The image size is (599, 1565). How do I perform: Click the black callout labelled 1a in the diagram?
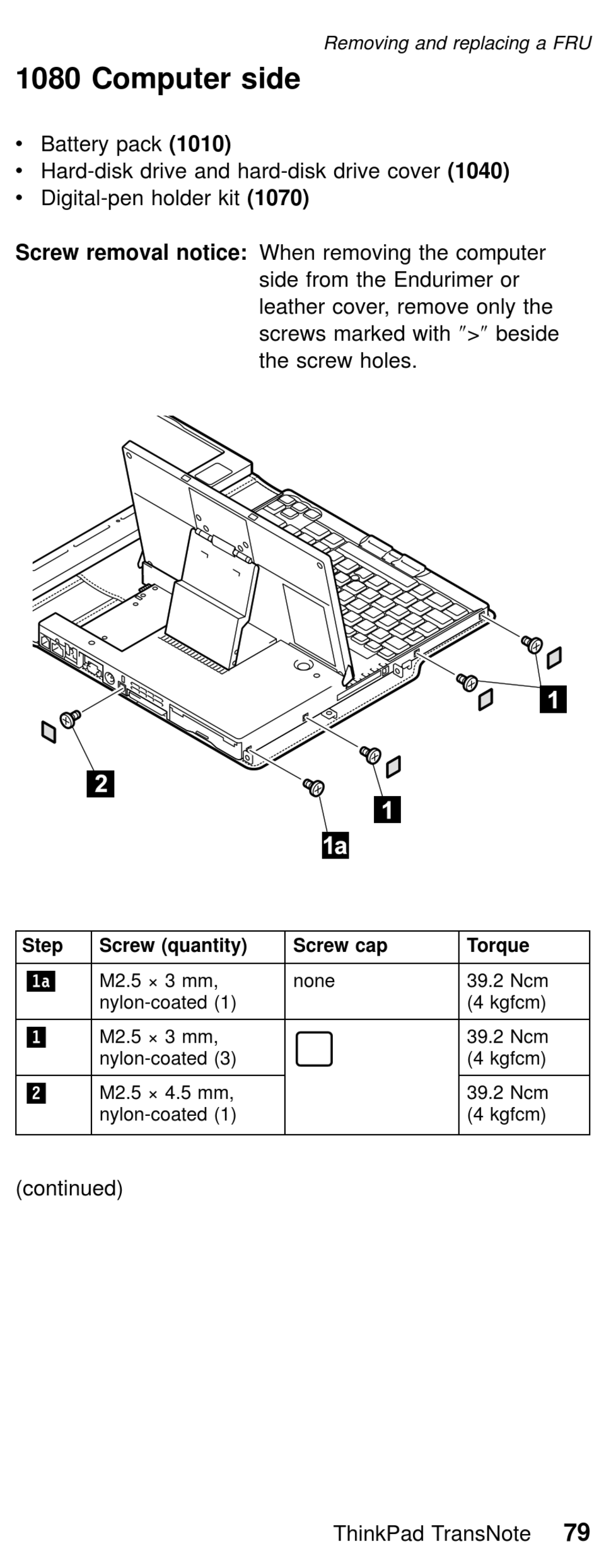(335, 845)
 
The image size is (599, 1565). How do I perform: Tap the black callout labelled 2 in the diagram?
(100, 783)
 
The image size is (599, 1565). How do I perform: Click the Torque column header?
(497, 946)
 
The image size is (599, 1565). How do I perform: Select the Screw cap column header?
(340, 946)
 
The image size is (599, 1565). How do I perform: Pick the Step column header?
(42, 946)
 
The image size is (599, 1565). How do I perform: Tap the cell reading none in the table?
(313, 981)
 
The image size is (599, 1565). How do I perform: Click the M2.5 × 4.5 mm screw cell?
(167, 1103)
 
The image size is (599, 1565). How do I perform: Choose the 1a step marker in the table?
(40, 982)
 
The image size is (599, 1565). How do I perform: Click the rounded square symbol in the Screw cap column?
(314, 1049)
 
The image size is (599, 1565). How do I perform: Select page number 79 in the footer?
(576, 1532)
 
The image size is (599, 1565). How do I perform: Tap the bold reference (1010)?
(200, 144)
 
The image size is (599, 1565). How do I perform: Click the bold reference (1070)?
(278, 198)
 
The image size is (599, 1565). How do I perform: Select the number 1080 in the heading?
(48, 79)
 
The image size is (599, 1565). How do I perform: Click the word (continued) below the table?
(69, 1188)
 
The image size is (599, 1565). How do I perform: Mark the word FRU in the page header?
(572, 43)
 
